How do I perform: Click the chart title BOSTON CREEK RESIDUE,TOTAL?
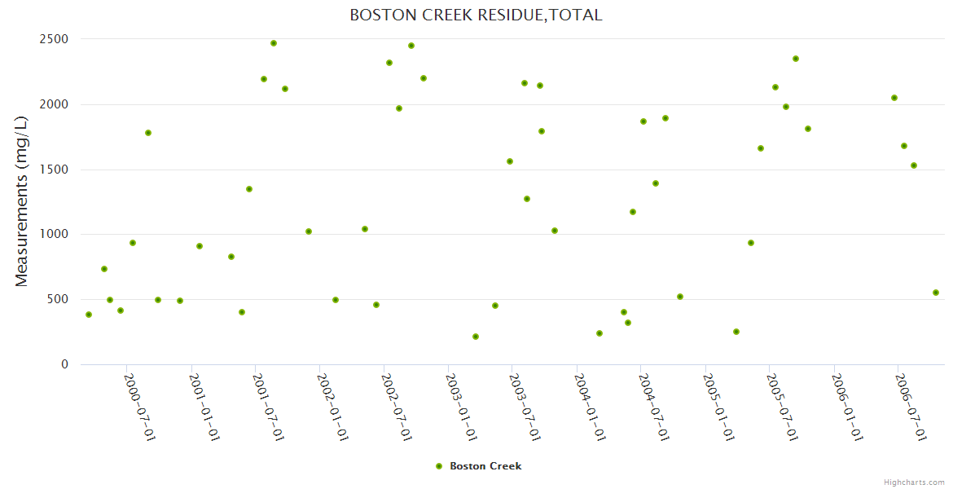click(476, 15)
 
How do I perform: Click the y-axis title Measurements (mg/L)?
click(22, 201)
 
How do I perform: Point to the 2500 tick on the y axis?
click(55, 39)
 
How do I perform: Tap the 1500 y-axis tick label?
click(55, 170)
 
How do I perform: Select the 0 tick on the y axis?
click(64, 364)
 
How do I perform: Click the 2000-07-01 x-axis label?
click(139, 407)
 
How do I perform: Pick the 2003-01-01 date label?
click(461, 407)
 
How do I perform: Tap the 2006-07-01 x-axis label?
click(911, 407)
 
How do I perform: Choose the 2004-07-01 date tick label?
click(654, 407)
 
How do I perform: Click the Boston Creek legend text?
click(485, 466)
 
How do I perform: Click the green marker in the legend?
click(439, 466)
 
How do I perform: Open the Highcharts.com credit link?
click(914, 482)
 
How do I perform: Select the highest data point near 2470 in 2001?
click(274, 43)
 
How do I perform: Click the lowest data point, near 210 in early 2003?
click(476, 337)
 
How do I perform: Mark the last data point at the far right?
click(936, 293)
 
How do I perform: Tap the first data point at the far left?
click(89, 315)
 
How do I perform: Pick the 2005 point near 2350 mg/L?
click(796, 59)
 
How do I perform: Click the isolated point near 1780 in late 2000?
click(148, 133)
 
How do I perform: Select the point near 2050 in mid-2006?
click(894, 98)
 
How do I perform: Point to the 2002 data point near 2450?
click(411, 46)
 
